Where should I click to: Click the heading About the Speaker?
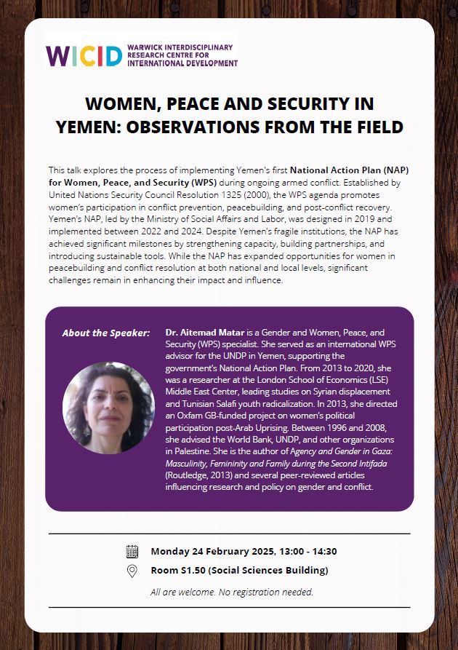(106, 333)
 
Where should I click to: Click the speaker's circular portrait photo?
(109, 407)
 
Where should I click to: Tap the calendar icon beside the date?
(132, 551)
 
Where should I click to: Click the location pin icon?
(132, 571)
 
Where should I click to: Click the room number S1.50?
(193, 571)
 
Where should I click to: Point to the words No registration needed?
(270, 592)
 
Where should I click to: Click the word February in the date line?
(219, 551)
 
